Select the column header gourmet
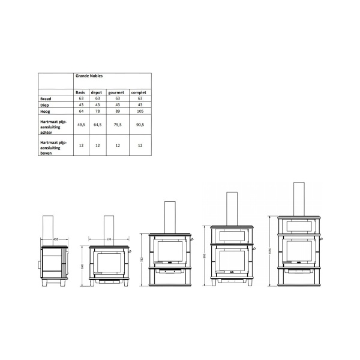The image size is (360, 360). [x=115, y=92]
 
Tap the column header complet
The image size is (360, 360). [x=140, y=92]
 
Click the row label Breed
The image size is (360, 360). [x=46, y=98]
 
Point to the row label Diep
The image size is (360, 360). [x=45, y=104]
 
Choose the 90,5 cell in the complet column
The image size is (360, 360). [x=140, y=124]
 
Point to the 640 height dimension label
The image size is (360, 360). [x=83, y=268]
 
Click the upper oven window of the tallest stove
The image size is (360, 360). [x=298, y=226]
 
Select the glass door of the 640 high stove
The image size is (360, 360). [x=109, y=263]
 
